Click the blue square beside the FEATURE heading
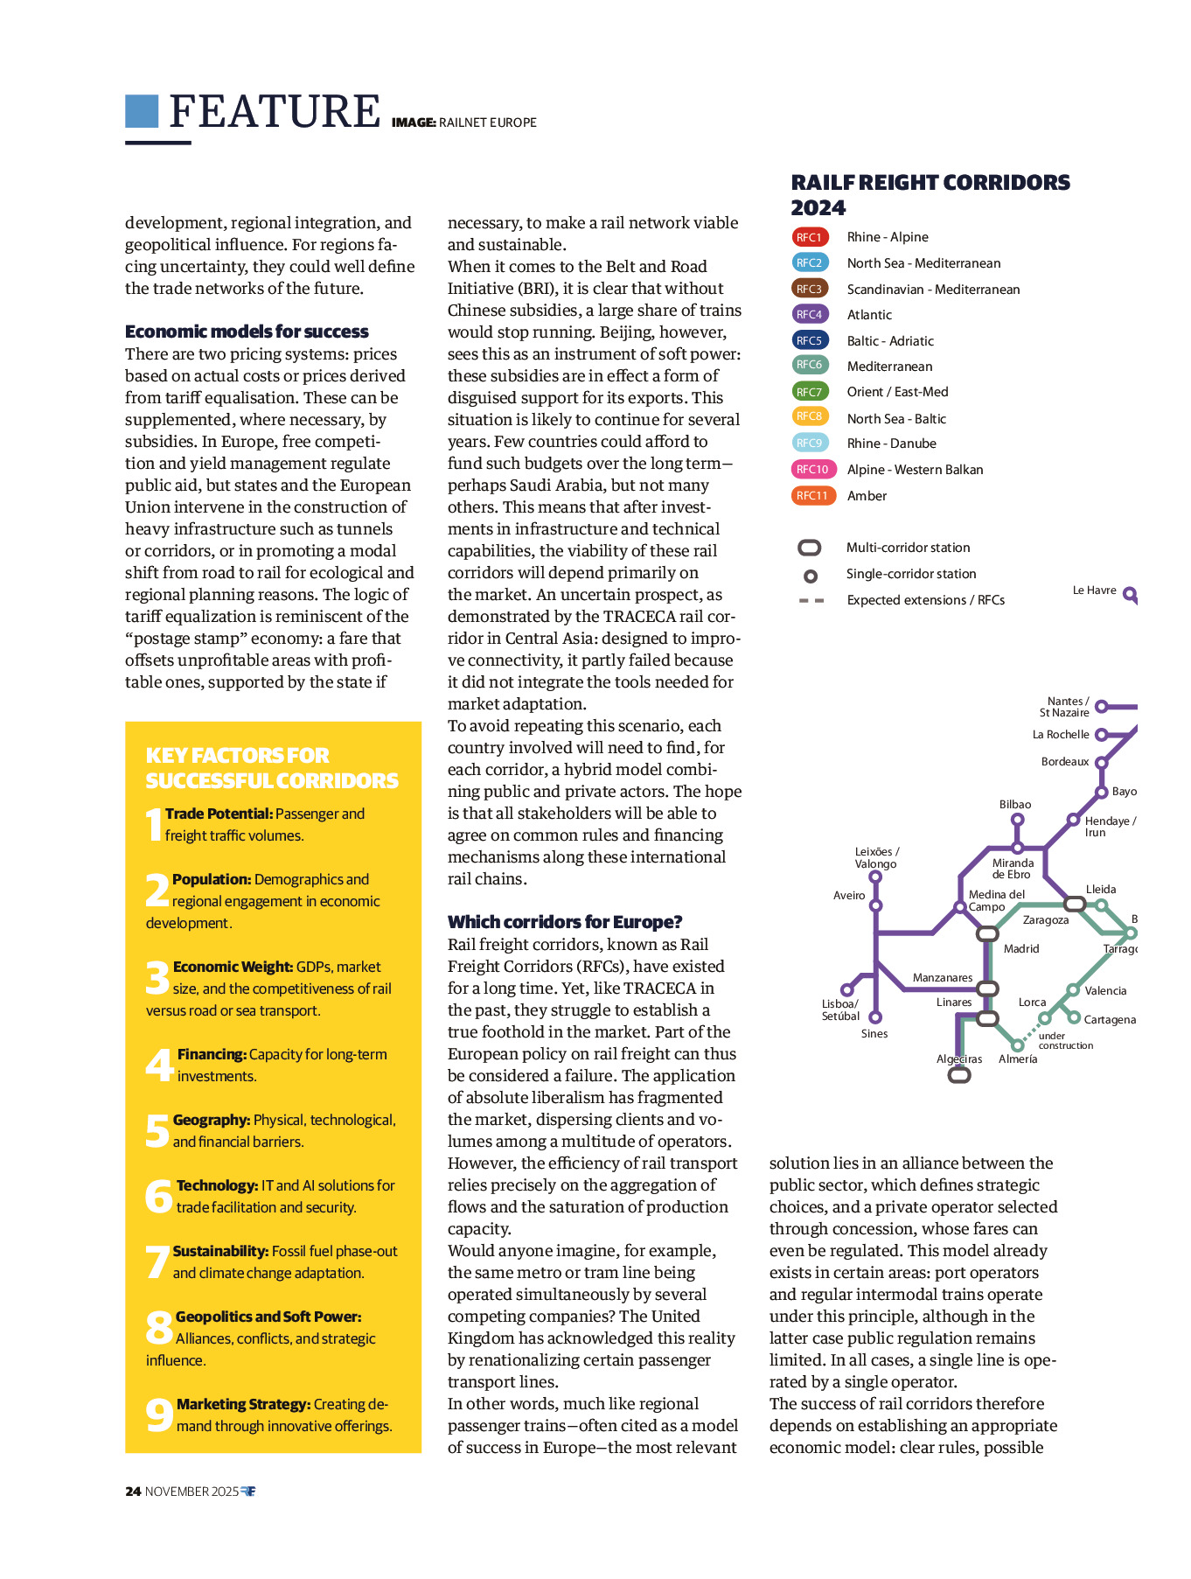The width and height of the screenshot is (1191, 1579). [x=142, y=111]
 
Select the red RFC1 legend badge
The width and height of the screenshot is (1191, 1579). [x=809, y=237]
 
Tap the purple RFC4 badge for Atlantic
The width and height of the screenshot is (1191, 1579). [x=809, y=314]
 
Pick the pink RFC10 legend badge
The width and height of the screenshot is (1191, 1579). [x=812, y=469]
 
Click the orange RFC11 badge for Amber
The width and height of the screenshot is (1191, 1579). [x=811, y=495]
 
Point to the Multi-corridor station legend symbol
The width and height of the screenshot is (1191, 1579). [x=810, y=548]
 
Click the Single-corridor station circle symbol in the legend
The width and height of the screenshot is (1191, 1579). [x=811, y=576]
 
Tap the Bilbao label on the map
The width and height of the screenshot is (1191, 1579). [x=1015, y=804]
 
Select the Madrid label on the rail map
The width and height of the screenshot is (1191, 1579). [x=1021, y=948]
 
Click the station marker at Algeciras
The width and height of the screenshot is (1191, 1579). [x=959, y=1075]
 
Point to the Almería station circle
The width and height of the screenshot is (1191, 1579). [x=1017, y=1045]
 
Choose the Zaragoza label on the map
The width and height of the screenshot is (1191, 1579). [x=1046, y=919]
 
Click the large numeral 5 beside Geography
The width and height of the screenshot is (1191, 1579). [x=157, y=1130]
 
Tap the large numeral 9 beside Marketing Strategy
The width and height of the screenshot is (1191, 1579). [x=159, y=1415]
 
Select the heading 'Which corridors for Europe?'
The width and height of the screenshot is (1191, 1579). [x=565, y=922]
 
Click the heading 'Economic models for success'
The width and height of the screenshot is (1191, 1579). [x=247, y=332]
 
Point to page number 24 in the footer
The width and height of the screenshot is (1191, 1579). [x=133, y=1491]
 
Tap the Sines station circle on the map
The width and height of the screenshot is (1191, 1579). [x=875, y=1017]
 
